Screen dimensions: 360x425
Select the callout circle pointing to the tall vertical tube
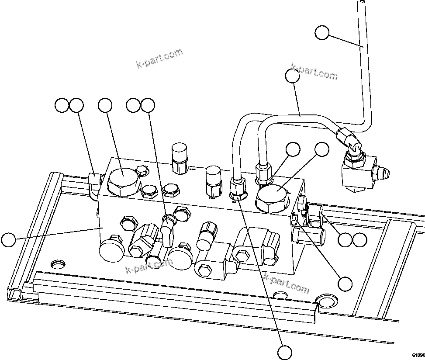[x=322, y=33]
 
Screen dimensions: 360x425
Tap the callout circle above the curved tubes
[x=292, y=76]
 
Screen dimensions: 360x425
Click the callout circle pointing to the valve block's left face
[x=8, y=240]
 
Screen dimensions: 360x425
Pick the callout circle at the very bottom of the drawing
[x=285, y=352]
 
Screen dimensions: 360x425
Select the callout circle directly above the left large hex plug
[x=105, y=105]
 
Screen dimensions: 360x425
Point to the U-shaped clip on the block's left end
[x=93, y=185]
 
